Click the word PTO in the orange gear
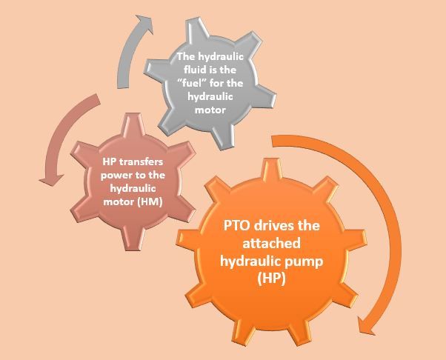(237, 226)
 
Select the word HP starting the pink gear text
(108, 161)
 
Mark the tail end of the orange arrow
(276, 139)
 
